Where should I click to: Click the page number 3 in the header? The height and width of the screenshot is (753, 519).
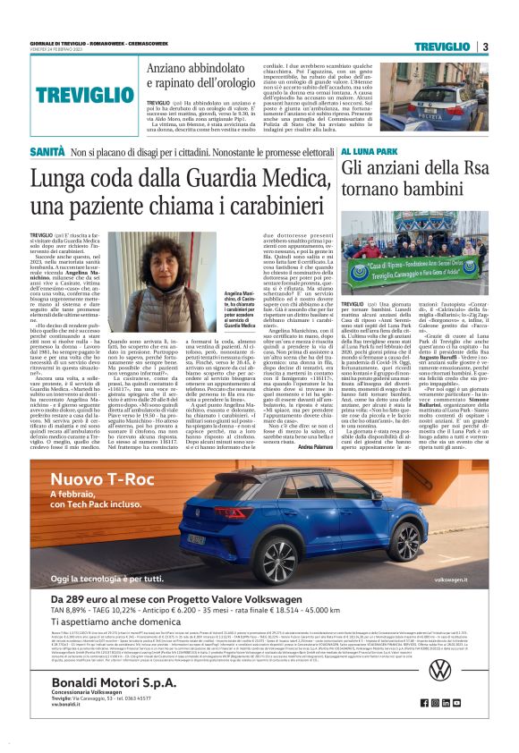(484, 47)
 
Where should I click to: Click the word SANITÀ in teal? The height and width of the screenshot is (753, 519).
(47, 153)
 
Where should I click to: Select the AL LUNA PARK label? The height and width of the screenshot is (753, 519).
(367, 153)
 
